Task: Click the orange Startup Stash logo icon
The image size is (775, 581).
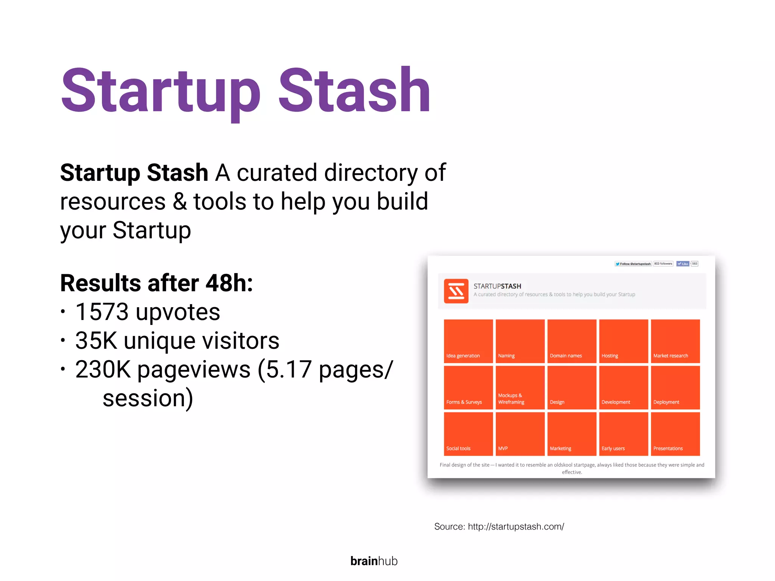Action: point(456,291)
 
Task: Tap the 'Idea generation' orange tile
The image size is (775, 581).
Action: point(468,341)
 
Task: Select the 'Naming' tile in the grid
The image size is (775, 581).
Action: point(520,341)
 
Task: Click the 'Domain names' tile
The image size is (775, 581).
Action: point(572,341)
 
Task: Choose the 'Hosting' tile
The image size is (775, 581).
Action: point(624,341)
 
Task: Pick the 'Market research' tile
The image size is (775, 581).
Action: point(675,341)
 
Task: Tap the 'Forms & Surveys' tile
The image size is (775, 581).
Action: point(468,387)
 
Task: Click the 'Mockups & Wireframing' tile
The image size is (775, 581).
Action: point(520,387)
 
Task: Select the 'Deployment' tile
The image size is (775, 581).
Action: point(675,387)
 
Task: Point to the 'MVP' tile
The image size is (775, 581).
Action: point(520,434)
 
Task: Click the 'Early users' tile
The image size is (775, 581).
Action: point(624,434)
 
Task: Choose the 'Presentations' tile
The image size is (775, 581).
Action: point(675,434)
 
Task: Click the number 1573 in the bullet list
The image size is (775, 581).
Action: point(102,312)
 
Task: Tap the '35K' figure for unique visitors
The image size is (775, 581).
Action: point(96,341)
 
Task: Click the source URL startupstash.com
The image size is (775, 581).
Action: point(516,527)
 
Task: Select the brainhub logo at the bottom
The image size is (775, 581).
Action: point(374,561)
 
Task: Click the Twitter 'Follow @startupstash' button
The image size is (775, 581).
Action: point(633,264)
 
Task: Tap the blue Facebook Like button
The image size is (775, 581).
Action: point(683,264)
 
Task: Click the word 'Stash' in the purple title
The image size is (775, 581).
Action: point(354,91)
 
